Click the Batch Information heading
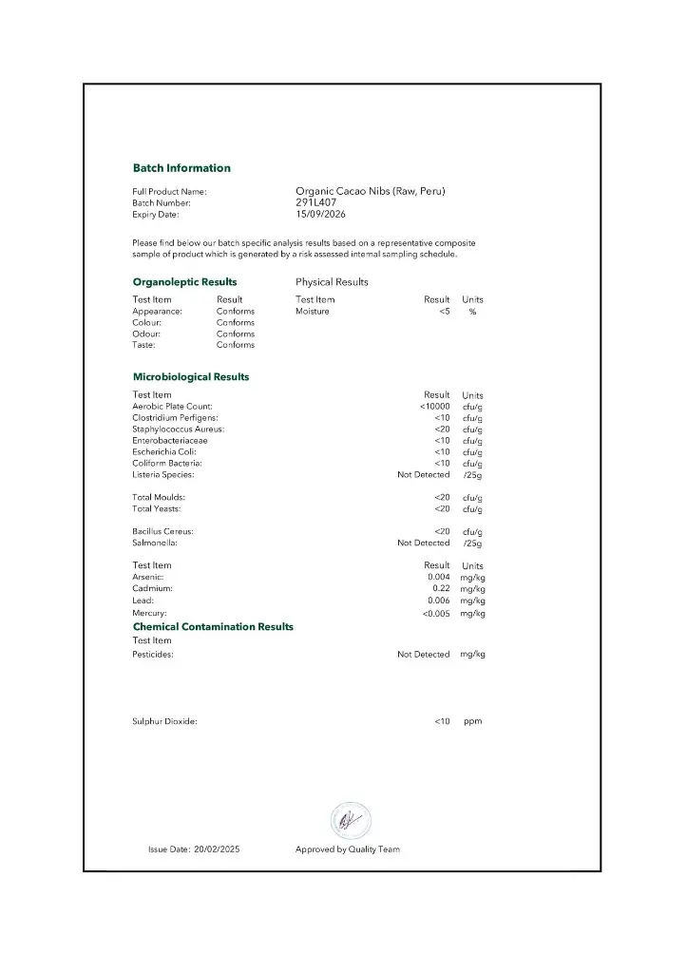coord(181,168)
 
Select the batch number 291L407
coord(315,202)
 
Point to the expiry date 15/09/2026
coord(322,215)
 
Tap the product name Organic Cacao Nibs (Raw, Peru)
coord(370,191)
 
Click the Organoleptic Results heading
coord(184,282)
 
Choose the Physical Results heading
coord(332,282)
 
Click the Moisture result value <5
coord(444,312)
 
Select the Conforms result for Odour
coord(235,334)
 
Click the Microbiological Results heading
coord(190,377)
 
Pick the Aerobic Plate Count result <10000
coord(434,407)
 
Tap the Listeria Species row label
coord(162,475)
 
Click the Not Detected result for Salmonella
coord(423,544)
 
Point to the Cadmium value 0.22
coord(441,589)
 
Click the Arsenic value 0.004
coord(438,578)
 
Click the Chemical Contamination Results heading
coord(213,627)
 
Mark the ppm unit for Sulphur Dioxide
coord(472,722)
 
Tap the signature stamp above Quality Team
coord(350,820)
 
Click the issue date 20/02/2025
coord(217,849)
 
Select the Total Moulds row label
coord(158,498)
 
